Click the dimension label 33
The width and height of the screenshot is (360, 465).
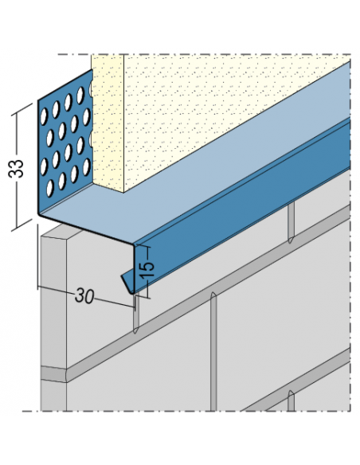point(16,169)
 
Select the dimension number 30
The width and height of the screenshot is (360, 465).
point(84,296)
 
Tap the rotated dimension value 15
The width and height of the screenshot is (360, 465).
point(147,269)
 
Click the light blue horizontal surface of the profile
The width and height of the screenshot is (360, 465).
point(193,166)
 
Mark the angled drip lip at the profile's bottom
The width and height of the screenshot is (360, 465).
point(127,283)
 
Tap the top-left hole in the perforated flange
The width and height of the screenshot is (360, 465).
point(44,116)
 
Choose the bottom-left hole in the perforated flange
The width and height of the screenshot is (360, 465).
point(50,189)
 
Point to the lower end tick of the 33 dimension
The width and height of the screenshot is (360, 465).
point(22,225)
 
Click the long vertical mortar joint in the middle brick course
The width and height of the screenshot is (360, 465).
point(213,351)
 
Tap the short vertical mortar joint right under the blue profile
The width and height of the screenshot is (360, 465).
point(292,222)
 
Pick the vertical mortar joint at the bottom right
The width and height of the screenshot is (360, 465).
point(292,401)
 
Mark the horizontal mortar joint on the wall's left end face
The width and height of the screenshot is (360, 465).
point(53,374)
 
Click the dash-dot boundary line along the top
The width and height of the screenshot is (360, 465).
point(205,55)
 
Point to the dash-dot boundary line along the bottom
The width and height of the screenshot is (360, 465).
point(187,411)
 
